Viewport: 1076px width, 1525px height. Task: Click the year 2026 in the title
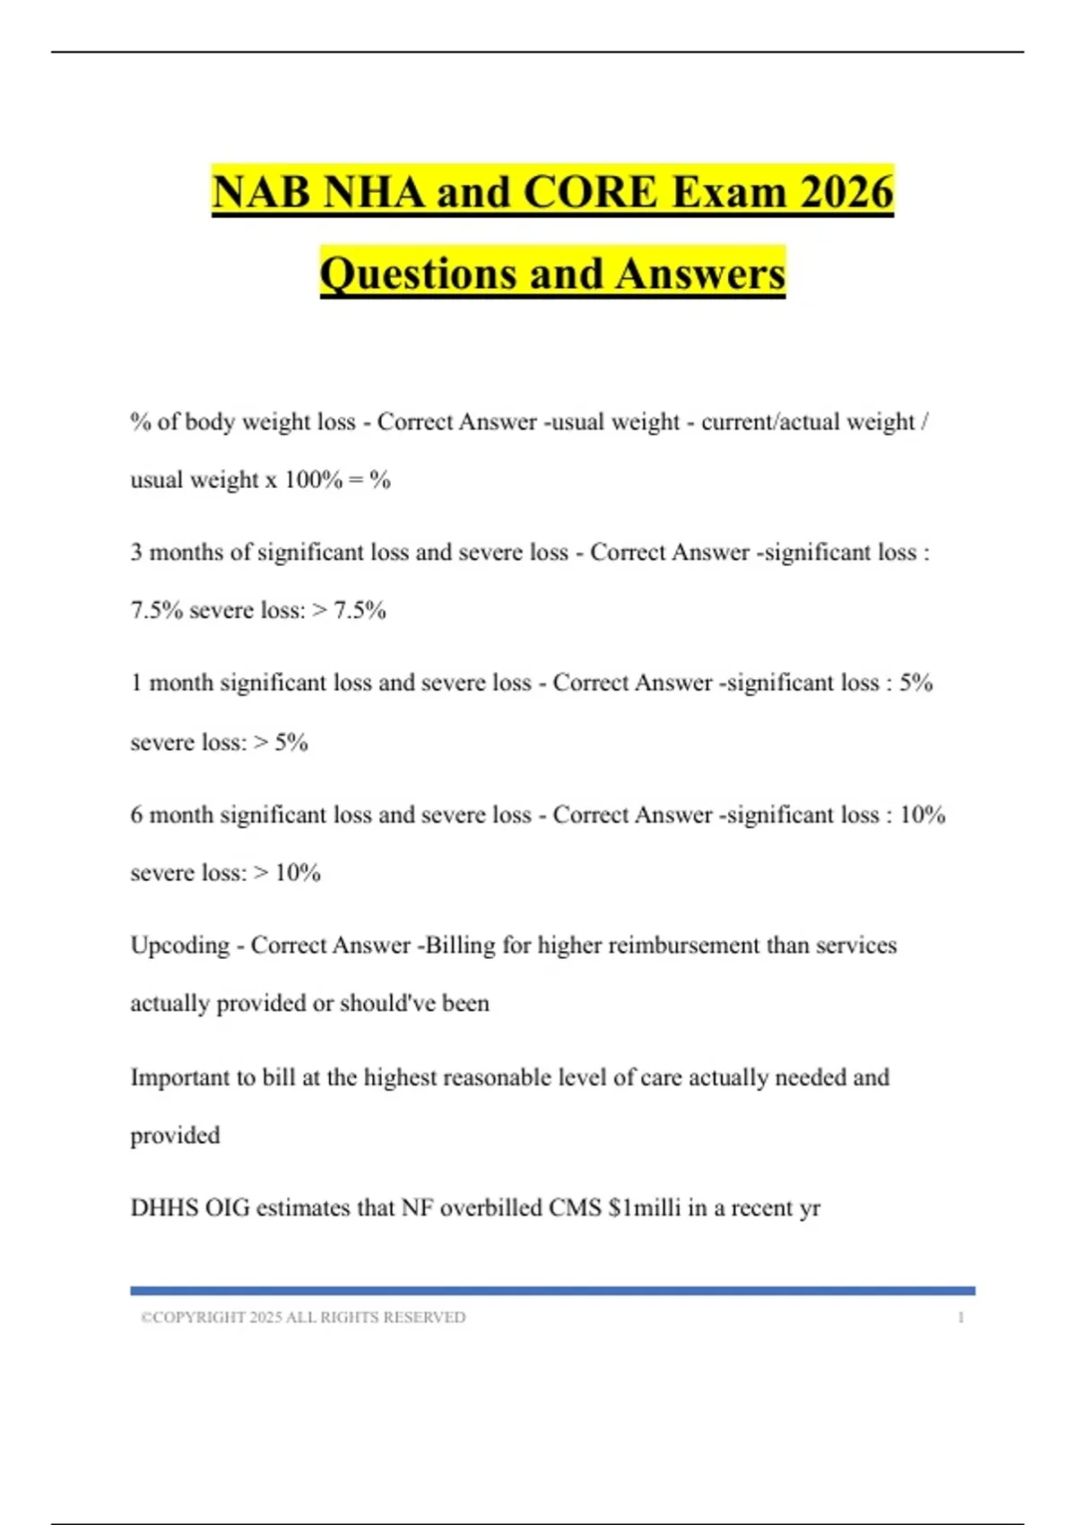pos(846,193)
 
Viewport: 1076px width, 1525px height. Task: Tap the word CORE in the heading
pos(590,193)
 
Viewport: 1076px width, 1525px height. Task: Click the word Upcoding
pos(180,945)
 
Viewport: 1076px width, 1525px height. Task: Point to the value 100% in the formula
pos(313,480)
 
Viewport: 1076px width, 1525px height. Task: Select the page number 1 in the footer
pos(961,1318)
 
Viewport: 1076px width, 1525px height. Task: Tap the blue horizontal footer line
pos(552,1291)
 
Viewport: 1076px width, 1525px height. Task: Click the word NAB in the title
pos(261,193)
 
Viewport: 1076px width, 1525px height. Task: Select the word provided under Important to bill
pos(175,1136)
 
